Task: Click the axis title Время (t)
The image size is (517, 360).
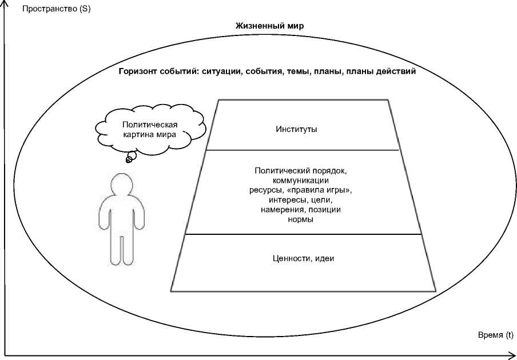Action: click(x=495, y=335)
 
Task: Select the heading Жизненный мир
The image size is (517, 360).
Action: click(x=269, y=26)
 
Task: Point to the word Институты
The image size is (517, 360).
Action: click(x=296, y=129)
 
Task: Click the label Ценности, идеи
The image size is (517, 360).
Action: click(x=303, y=258)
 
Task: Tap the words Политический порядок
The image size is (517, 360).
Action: click(x=301, y=171)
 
